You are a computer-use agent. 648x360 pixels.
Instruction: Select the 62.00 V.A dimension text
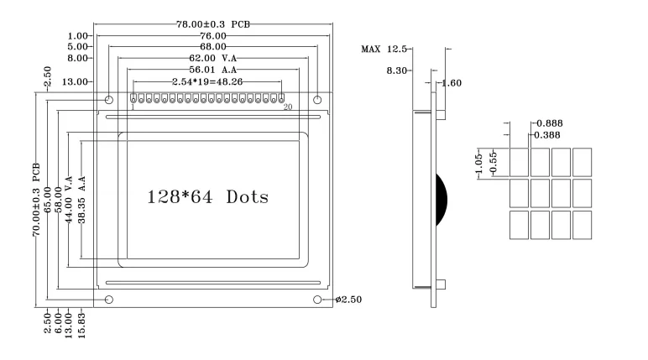212,59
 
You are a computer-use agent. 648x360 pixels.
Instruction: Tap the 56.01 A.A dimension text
212,70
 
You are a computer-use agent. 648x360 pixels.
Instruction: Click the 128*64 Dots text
207,198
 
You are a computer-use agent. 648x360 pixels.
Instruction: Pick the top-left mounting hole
108,100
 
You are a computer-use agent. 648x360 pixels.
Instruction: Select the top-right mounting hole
317,100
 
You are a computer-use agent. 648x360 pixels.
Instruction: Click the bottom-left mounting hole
108,300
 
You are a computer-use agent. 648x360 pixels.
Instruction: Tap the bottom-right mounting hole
317,300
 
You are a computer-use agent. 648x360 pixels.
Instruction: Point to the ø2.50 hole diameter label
347,300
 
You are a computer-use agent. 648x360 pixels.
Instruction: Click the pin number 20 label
287,108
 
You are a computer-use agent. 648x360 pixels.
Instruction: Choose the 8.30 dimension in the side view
396,71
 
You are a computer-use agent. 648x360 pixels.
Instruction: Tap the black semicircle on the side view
441,201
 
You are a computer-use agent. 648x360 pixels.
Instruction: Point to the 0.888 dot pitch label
549,123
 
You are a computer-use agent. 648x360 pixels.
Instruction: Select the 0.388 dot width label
549,134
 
